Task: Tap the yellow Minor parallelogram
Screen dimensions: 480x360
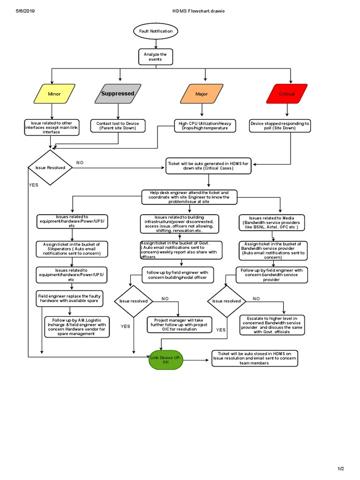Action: [54, 94]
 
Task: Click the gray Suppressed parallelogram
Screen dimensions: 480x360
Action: [118, 94]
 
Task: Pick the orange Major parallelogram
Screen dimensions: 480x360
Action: [202, 94]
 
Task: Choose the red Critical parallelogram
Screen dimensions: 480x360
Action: [287, 94]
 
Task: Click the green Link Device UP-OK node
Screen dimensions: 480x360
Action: [165, 360]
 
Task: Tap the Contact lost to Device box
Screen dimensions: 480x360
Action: [118, 126]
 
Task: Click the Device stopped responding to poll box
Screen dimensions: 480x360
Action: [280, 126]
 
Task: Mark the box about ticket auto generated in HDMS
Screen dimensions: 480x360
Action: [208, 166]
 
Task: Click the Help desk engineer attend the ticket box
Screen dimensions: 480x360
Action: [190, 197]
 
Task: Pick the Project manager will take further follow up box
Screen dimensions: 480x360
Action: [180, 325]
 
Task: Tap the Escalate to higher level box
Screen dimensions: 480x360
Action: [272, 325]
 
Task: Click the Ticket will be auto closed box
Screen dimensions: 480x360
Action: [255, 358]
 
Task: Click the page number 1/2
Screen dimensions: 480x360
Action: [341, 469]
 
